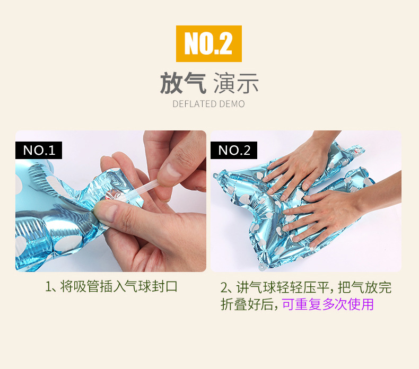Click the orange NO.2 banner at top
tap(208, 43)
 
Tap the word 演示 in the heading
tap(235, 84)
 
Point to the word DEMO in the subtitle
tap(233, 104)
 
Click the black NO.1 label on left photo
tap(39, 150)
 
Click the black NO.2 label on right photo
tap(234, 150)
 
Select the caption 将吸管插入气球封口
tap(119, 287)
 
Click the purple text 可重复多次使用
tap(327, 304)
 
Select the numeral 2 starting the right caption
tap(224, 288)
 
